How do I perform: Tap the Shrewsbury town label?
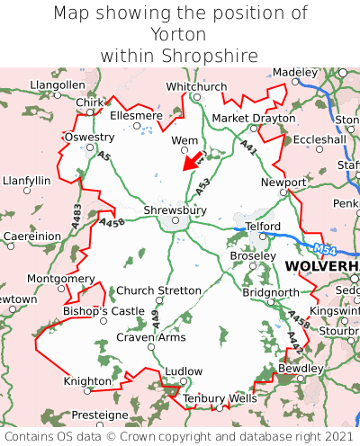click(x=175, y=210)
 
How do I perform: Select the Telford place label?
click(x=263, y=226)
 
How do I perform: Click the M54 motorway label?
click(x=328, y=248)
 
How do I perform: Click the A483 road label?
click(x=76, y=213)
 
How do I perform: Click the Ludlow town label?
click(x=184, y=370)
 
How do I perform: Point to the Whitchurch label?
click(x=196, y=86)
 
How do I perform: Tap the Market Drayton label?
click(x=253, y=118)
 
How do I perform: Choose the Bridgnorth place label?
click(x=271, y=292)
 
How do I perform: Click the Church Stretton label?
click(x=160, y=290)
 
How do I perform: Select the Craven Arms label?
click(x=151, y=337)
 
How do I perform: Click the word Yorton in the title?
click(x=179, y=34)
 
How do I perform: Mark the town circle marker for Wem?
click(x=185, y=150)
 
